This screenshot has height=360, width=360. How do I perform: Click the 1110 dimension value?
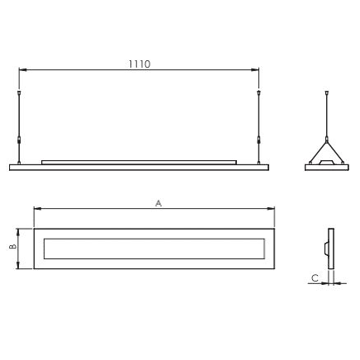(x=140, y=64)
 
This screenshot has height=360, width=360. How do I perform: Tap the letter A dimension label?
(x=159, y=203)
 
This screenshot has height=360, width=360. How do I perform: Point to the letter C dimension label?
(x=315, y=278)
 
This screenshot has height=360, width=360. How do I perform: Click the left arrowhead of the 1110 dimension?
(x=22, y=70)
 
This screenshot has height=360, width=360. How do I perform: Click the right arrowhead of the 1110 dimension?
(x=255, y=70)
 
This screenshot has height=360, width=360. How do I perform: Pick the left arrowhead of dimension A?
(x=37, y=209)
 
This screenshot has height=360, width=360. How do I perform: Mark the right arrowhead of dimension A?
(x=271, y=209)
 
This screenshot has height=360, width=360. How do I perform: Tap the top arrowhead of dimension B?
(x=18, y=232)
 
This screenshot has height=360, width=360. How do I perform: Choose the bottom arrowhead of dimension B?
(x=18, y=265)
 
